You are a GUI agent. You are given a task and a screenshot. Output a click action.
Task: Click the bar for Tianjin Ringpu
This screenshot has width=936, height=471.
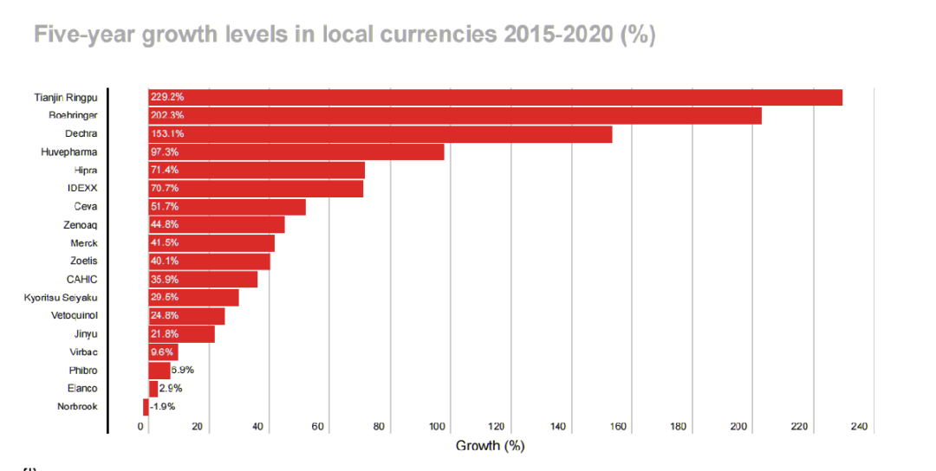pos(495,97)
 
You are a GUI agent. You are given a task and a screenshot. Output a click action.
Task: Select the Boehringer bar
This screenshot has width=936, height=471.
pos(454,115)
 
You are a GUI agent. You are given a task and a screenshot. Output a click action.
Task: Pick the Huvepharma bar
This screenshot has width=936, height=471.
pos(296,152)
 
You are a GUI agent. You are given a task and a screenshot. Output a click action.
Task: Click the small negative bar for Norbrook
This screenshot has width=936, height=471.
pos(146,407)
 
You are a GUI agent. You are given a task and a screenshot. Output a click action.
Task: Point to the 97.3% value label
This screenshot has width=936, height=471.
pos(165,152)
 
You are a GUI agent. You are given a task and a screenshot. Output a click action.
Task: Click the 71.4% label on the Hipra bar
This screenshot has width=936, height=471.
pos(165,171)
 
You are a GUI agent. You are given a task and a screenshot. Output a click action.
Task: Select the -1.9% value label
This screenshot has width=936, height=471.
pos(163,407)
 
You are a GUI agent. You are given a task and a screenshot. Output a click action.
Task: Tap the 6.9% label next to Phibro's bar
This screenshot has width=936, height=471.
pos(182,371)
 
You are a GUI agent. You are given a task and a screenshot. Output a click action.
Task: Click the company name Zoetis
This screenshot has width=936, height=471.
pos(83,261)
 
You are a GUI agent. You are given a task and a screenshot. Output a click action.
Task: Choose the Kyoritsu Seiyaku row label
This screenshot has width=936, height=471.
pos(61,298)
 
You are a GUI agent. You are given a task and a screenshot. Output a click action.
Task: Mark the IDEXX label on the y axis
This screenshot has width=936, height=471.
pos(82,189)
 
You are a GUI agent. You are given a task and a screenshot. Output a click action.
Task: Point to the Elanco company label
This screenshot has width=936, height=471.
pos(82,389)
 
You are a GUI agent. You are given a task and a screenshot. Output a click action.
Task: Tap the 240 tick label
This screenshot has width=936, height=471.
pos(859,427)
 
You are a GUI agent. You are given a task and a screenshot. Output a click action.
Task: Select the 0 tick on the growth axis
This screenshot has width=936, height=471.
pos(141,427)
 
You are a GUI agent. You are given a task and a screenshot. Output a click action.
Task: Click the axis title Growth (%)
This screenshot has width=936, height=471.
pos(491,446)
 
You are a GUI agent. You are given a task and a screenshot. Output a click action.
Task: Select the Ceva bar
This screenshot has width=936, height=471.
pos(226,207)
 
